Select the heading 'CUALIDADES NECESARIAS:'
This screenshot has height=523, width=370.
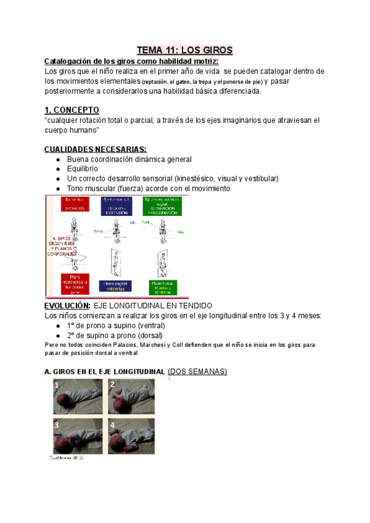96,149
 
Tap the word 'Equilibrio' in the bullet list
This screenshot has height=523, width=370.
84,168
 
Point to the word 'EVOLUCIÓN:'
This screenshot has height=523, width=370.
68,305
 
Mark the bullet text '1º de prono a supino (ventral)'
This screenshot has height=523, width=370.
118,325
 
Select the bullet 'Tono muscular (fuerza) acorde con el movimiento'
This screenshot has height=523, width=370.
149,188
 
